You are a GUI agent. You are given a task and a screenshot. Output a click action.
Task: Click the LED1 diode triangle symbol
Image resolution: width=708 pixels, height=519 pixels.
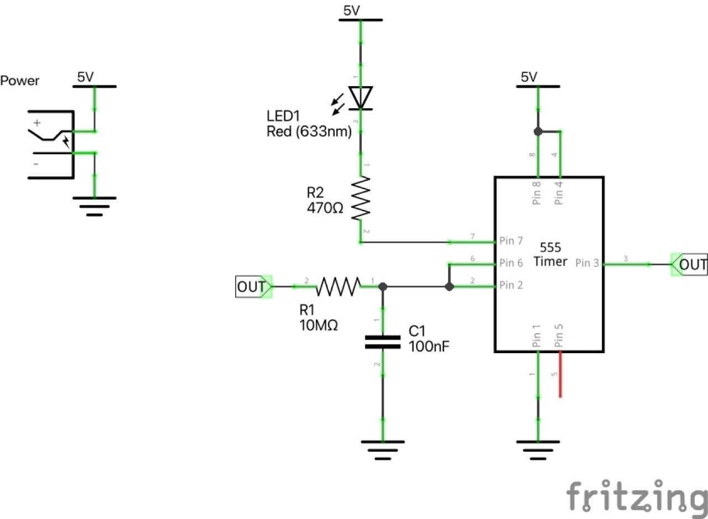coord(361,98)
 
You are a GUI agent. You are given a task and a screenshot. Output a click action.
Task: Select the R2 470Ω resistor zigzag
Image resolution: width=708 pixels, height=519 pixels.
coord(361,198)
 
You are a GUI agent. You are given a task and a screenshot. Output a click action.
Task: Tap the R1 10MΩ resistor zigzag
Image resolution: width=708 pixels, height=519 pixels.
coord(338,286)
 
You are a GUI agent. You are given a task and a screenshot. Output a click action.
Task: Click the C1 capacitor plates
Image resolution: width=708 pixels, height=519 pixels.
coord(382,342)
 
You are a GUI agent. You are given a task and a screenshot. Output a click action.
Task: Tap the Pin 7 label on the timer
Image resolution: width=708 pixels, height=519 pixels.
coord(511,241)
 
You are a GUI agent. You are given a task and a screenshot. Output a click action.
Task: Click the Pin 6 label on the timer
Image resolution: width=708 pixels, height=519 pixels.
coord(511,263)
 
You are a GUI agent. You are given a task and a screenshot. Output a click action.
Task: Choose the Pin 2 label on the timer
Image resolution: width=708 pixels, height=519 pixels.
coord(511,285)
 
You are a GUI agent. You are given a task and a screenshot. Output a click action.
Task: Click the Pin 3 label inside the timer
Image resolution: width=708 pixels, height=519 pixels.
coord(587,264)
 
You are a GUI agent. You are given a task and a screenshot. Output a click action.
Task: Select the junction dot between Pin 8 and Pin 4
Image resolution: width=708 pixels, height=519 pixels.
coord(537,132)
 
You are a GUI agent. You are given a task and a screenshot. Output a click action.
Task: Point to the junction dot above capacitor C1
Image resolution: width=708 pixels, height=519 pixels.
coord(382,286)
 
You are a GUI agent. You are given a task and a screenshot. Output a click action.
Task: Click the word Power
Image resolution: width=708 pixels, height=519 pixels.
coord(20,81)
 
